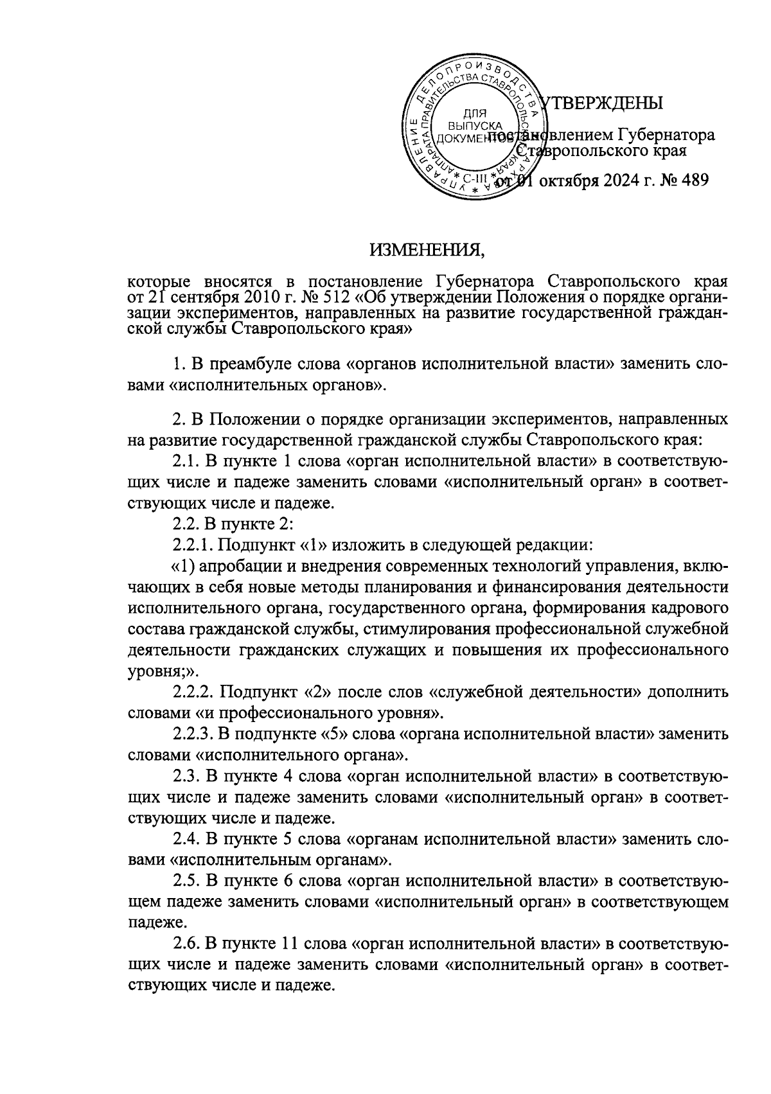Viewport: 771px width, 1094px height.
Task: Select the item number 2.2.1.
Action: tap(193, 545)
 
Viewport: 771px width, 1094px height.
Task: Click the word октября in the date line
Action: tap(564, 181)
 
